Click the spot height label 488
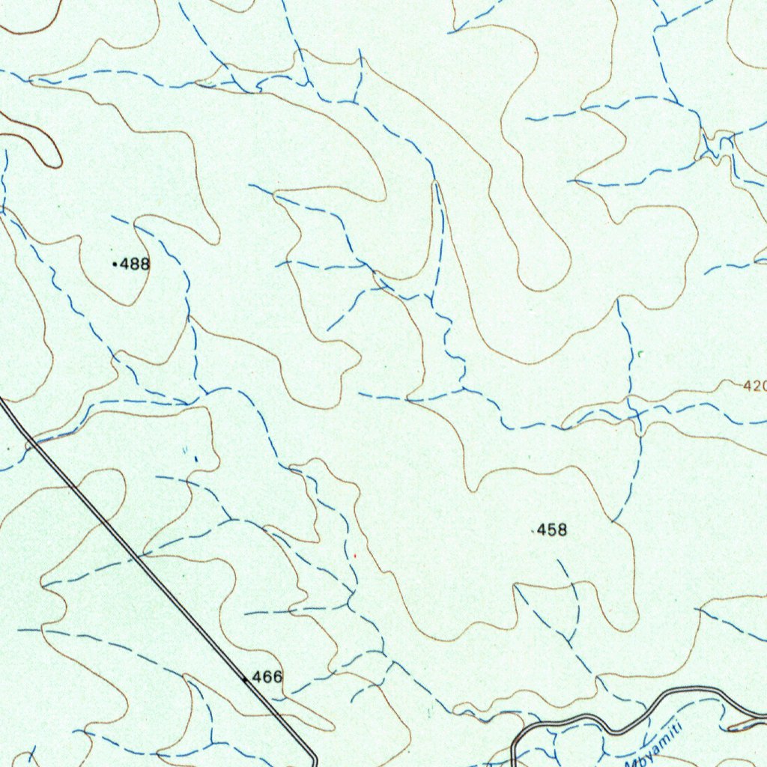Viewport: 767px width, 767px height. [135, 264]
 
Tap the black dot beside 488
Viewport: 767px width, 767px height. [114, 264]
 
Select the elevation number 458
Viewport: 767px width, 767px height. [552, 530]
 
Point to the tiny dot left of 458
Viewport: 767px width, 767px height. [533, 531]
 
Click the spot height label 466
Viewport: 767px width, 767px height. [267, 677]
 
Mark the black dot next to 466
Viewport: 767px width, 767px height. [245, 679]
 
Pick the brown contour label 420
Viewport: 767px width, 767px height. [755, 386]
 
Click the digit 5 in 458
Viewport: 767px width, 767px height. [552, 530]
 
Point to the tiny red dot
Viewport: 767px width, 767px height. [355, 556]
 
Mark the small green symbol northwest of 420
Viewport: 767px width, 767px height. [640, 352]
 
